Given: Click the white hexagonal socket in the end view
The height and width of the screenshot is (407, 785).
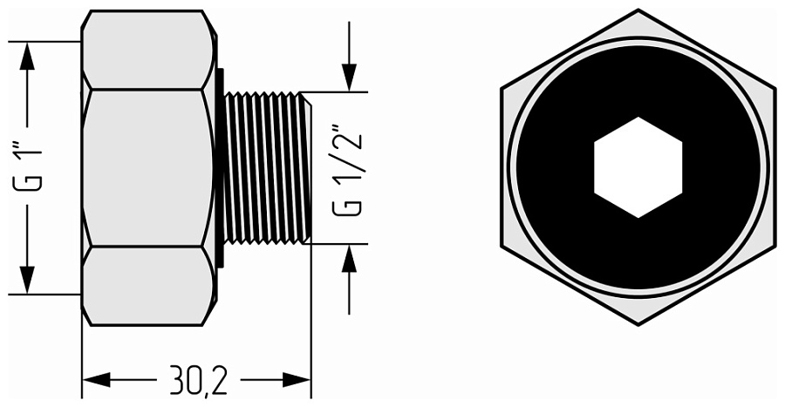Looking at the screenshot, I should click(x=638, y=167).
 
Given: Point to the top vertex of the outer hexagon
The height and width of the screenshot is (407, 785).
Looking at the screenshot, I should click(x=638, y=10).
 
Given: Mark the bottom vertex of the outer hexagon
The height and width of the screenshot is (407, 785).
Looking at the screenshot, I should click(x=638, y=325).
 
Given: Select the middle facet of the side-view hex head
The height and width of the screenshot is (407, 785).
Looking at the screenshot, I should click(x=148, y=167).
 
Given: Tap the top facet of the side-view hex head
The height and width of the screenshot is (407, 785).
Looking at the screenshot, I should click(x=148, y=50).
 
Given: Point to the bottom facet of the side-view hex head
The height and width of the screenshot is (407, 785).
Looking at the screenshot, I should click(x=148, y=286).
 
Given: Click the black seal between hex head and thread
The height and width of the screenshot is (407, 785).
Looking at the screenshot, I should click(x=219, y=167).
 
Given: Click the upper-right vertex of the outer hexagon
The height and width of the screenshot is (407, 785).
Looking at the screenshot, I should click(x=774, y=88).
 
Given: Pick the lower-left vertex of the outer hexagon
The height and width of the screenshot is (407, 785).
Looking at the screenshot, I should click(x=502, y=247).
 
